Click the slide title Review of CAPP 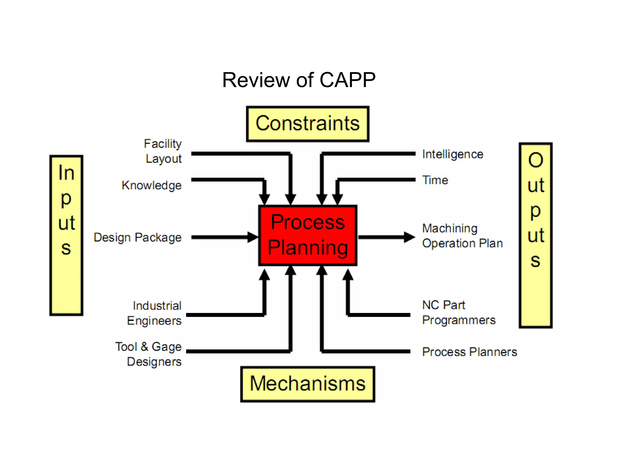299,80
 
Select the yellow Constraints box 307,124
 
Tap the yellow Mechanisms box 307,384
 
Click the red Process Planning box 307,235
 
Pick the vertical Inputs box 66,235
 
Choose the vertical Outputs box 536,235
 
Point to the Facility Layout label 163,151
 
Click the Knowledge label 152,185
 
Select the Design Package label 138,238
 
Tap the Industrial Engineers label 154,313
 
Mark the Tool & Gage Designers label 149,354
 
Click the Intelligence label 452,154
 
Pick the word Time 435,180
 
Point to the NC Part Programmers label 458,313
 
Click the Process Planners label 469,352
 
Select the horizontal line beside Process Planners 367,351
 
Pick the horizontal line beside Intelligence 370,154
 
